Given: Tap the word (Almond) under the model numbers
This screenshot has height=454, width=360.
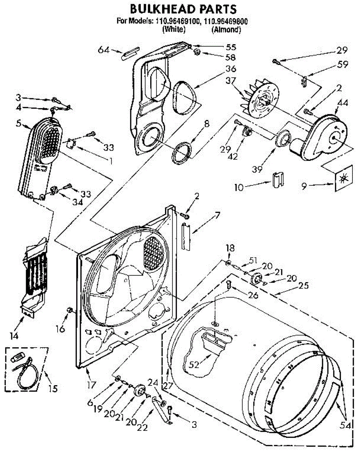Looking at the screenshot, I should point(226,29).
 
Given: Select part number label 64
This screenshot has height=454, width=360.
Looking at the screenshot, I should point(104,50).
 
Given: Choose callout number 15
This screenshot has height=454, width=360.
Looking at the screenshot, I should point(53,389).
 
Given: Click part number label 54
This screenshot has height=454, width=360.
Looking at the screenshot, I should point(350,426).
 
